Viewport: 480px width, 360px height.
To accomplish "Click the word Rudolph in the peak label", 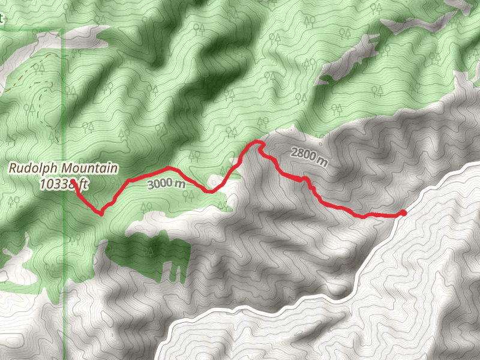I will (28, 169).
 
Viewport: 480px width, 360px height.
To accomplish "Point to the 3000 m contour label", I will (166, 184).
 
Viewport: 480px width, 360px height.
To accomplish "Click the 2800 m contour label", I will (310, 156).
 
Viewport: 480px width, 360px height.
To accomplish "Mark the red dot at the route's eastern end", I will (403, 213).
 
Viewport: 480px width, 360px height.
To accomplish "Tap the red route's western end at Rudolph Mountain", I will (73, 181).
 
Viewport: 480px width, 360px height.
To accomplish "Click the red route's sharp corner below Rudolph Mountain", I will (101, 212).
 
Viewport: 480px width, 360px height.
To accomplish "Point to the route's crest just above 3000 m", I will (169, 168).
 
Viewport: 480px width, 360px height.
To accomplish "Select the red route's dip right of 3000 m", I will (208, 191).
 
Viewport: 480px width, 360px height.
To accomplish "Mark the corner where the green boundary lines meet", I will (64, 29).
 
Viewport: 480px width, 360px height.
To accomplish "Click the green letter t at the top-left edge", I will (2, 18).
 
